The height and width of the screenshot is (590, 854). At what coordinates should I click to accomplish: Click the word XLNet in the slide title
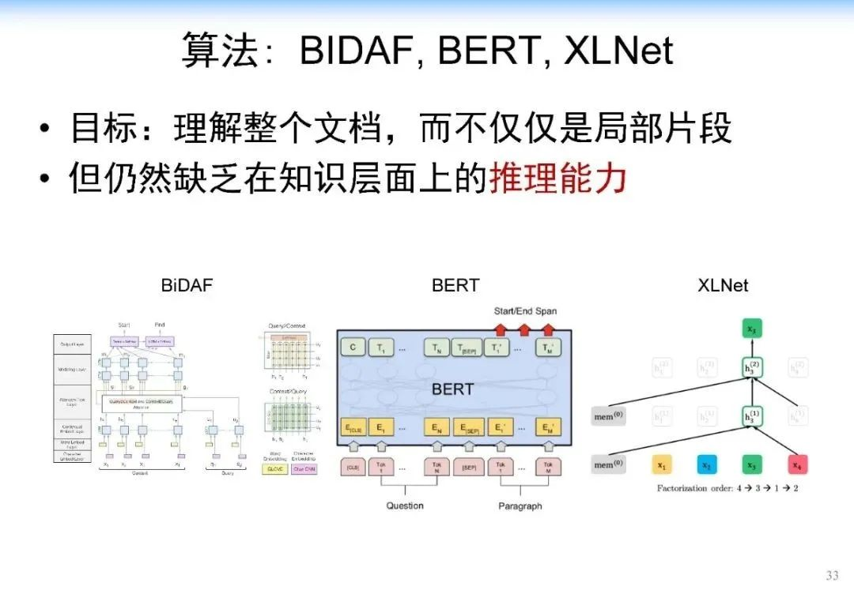(618, 51)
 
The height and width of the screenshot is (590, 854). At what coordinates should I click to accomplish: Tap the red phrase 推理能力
(557, 179)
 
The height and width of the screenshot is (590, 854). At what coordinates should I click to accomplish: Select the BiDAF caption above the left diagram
(187, 285)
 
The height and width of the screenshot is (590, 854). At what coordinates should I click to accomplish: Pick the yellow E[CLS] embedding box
(353, 427)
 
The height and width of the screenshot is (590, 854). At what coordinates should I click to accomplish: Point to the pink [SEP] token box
(468, 468)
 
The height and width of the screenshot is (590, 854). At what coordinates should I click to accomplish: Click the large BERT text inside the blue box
(453, 389)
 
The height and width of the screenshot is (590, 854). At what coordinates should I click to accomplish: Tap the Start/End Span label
(525, 310)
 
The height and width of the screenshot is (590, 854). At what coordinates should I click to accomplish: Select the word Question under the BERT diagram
(405, 505)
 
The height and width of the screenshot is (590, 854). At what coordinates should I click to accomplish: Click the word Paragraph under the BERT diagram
(520, 505)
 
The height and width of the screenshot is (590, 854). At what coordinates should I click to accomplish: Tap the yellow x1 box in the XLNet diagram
(662, 464)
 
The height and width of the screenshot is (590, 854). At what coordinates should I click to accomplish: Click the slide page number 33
(832, 575)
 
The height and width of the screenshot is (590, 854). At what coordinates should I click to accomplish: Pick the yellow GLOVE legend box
(275, 468)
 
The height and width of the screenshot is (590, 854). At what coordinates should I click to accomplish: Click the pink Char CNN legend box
(304, 468)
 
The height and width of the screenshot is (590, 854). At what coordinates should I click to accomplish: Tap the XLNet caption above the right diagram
(723, 285)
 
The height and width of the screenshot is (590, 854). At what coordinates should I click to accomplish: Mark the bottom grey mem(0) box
(608, 464)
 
